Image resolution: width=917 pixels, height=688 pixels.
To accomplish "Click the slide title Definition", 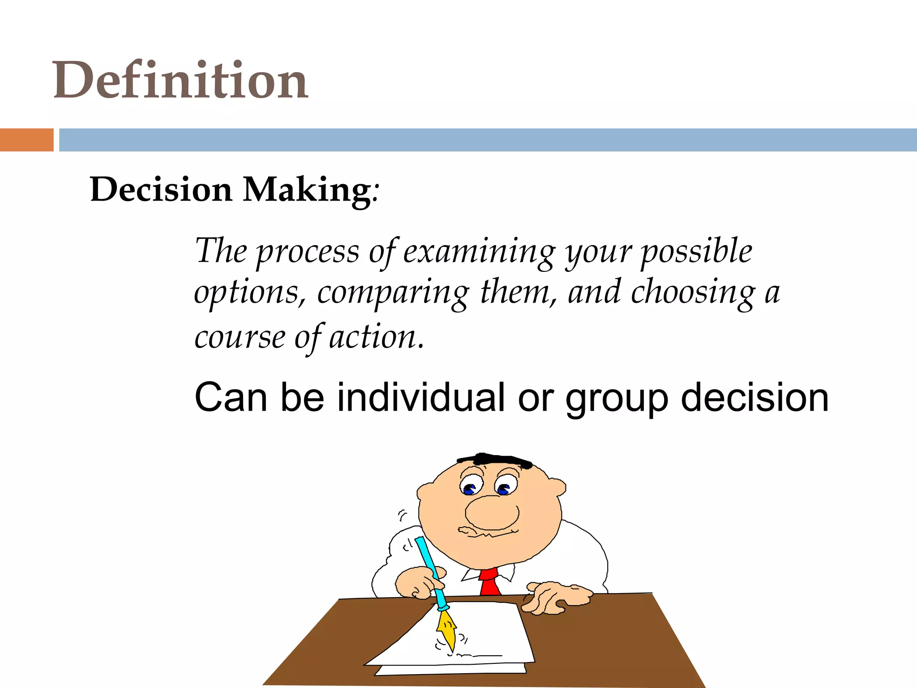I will [x=180, y=81].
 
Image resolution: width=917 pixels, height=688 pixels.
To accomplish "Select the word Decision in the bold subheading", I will [x=161, y=190].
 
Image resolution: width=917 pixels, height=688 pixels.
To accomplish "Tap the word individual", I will [x=421, y=398].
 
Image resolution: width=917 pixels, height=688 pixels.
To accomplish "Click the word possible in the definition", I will [x=697, y=252].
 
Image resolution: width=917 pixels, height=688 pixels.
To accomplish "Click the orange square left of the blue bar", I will [x=26, y=140].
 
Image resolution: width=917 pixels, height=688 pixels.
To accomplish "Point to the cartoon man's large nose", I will [x=492, y=512].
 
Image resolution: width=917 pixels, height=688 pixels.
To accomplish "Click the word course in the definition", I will [x=240, y=337].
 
